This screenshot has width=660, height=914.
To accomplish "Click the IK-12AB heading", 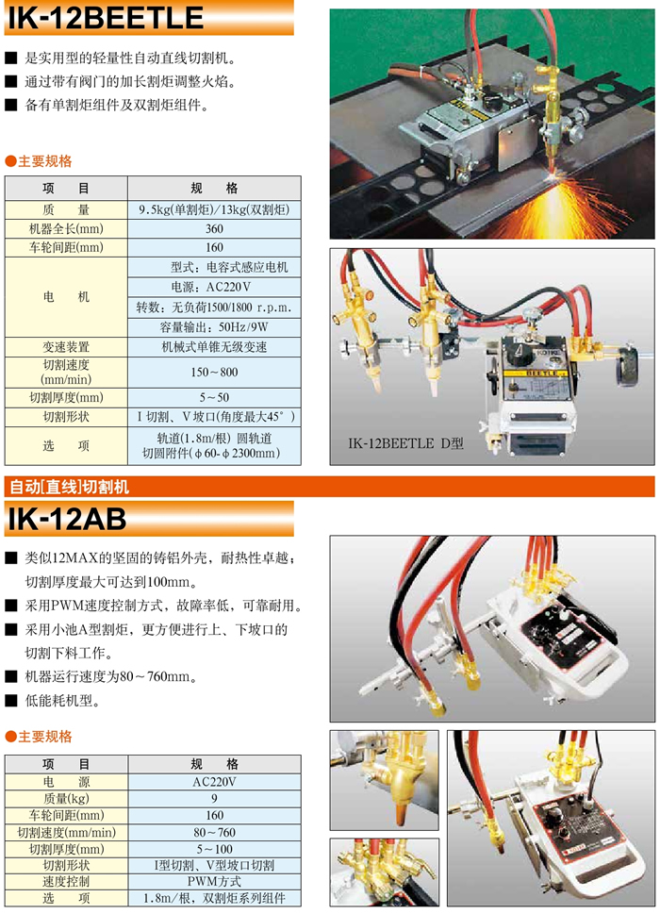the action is tap(66, 518).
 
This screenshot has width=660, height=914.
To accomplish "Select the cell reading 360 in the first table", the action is tap(214, 228).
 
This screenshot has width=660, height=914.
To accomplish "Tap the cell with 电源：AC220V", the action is tap(214, 287).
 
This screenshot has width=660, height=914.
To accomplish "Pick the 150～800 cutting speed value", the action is tap(214, 372).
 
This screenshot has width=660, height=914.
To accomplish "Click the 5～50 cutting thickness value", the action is tap(214, 397).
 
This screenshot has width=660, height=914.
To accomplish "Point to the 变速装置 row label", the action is tap(66, 347).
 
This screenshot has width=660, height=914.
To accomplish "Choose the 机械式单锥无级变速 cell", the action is tap(214, 347).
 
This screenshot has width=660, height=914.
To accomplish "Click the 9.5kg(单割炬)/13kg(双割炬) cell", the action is tap(214, 209).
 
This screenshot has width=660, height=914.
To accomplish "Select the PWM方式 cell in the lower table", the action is tap(214, 881).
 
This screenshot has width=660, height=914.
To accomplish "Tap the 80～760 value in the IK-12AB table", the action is tap(214, 832).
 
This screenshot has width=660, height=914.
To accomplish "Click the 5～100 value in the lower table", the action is tap(214, 849).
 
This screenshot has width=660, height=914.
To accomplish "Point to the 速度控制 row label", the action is tap(66, 881).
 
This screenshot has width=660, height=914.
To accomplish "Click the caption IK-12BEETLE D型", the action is tap(405, 443).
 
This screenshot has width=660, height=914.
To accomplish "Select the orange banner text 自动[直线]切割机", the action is tap(69, 487).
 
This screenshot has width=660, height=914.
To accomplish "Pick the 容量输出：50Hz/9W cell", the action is tap(214, 327).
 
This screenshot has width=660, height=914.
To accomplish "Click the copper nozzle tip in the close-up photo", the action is tap(401, 812).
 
